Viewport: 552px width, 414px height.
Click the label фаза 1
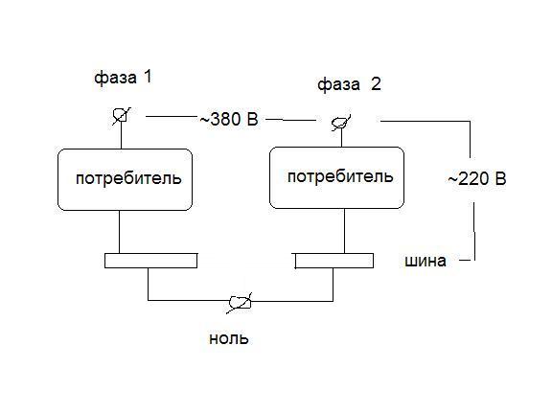tap(123, 78)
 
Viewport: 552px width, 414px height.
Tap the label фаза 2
tap(349, 85)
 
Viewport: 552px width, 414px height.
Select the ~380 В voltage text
tap(229, 120)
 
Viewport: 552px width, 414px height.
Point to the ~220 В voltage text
tap(477, 179)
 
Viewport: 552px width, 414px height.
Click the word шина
tap(425, 261)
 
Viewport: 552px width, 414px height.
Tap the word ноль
tap(229, 338)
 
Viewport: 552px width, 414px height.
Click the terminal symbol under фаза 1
tap(121, 115)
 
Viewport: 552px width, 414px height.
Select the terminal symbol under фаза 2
tap(341, 123)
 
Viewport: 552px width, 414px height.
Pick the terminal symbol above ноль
tap(240, 303)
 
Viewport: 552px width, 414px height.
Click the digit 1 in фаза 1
tap(148, 77)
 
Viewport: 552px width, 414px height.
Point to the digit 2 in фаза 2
tap(376, 84)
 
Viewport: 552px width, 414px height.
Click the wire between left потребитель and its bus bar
tap(120, 232)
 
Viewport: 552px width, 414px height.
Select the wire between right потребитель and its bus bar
tap(344, 231)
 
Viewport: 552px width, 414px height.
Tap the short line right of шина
tap(465, 261)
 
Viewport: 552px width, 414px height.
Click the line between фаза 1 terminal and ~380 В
tap(172, 116)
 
